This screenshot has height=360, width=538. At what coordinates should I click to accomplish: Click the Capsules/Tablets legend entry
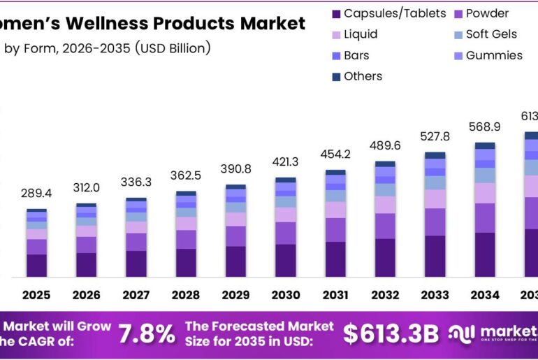[388, 13]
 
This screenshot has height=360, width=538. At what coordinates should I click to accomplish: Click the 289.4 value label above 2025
[36, 192]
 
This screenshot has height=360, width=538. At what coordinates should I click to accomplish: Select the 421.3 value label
[285, 162]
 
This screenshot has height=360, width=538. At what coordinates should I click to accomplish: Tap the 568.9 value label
[484, 127]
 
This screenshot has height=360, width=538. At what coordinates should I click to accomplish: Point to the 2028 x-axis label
[185, 296]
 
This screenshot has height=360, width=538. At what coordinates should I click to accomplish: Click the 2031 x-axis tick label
[335, 296]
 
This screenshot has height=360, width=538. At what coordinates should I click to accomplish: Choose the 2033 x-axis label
[434, 296]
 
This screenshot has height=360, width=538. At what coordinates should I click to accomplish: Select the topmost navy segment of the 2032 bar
[385, 164]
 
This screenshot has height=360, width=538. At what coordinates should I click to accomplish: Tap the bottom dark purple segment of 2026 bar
[86, 264]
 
